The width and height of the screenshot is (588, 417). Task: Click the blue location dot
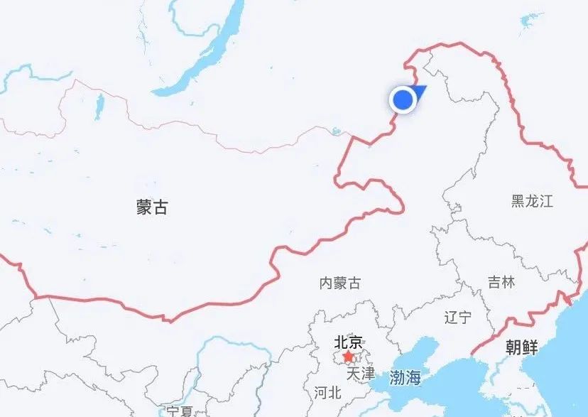click(x=403, y=100)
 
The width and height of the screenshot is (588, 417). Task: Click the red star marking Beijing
click(x=348, y=355)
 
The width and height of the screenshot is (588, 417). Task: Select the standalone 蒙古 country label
click(x=152, y=207)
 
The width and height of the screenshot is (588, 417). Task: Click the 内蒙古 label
click(x=339, y=283)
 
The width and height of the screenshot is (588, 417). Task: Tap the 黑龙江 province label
click(x=531, y=200)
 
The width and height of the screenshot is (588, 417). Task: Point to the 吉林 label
click(x=501, y=282)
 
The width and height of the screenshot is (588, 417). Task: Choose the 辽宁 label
click(x=457, y=316)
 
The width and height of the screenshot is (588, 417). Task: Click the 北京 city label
click(x=348, y=342)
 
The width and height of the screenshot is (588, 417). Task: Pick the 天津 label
click(x=361, y=372)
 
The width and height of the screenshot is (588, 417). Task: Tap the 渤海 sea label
click(x=405, y=377)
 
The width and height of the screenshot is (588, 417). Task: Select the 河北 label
click(x=327, y=392)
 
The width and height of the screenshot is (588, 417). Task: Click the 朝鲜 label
click(x=521, y=347)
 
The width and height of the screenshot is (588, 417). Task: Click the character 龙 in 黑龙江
click(x=531, y=200)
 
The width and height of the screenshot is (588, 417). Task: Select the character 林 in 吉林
click(x=508, y=282)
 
